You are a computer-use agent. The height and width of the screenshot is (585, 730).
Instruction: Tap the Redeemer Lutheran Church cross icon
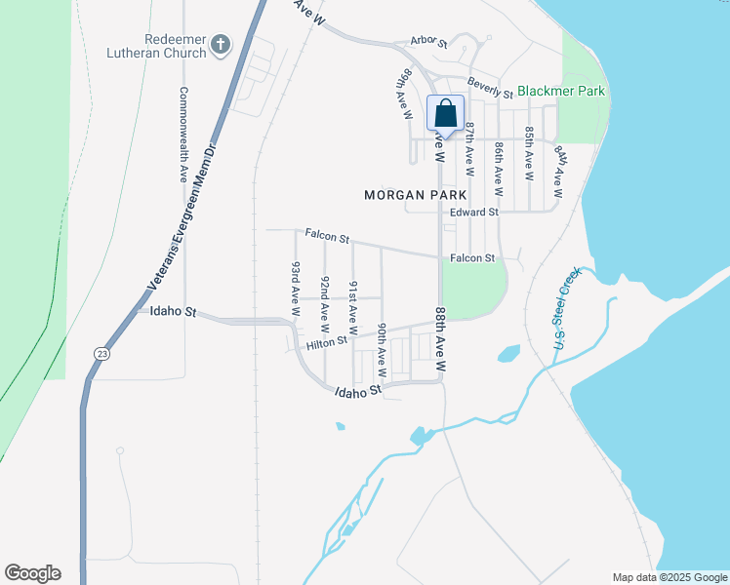(222, 44)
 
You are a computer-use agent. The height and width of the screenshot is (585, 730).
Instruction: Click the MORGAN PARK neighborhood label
(408, 195)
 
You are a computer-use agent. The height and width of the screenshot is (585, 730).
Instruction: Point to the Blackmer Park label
(561, 92)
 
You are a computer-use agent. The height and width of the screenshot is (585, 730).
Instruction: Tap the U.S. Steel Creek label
(561, 310)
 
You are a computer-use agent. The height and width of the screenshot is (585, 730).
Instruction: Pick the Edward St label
(474, 212)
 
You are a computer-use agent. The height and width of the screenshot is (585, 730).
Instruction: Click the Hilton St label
(327, 343)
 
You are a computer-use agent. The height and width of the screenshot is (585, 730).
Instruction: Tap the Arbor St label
(428, 43)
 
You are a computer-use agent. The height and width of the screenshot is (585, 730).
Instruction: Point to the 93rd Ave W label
(295, 287)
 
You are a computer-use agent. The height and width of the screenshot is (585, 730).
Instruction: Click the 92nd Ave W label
(325, 302)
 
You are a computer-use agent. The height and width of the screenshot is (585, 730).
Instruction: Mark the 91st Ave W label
(353, 302)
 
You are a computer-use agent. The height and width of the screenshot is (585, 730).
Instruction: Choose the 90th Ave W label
(382, 350)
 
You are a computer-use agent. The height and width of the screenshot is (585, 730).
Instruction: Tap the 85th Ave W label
(529, 153)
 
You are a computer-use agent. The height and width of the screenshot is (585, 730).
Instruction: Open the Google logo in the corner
(32, 573)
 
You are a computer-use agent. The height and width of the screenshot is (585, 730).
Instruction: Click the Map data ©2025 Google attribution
(669, 577)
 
